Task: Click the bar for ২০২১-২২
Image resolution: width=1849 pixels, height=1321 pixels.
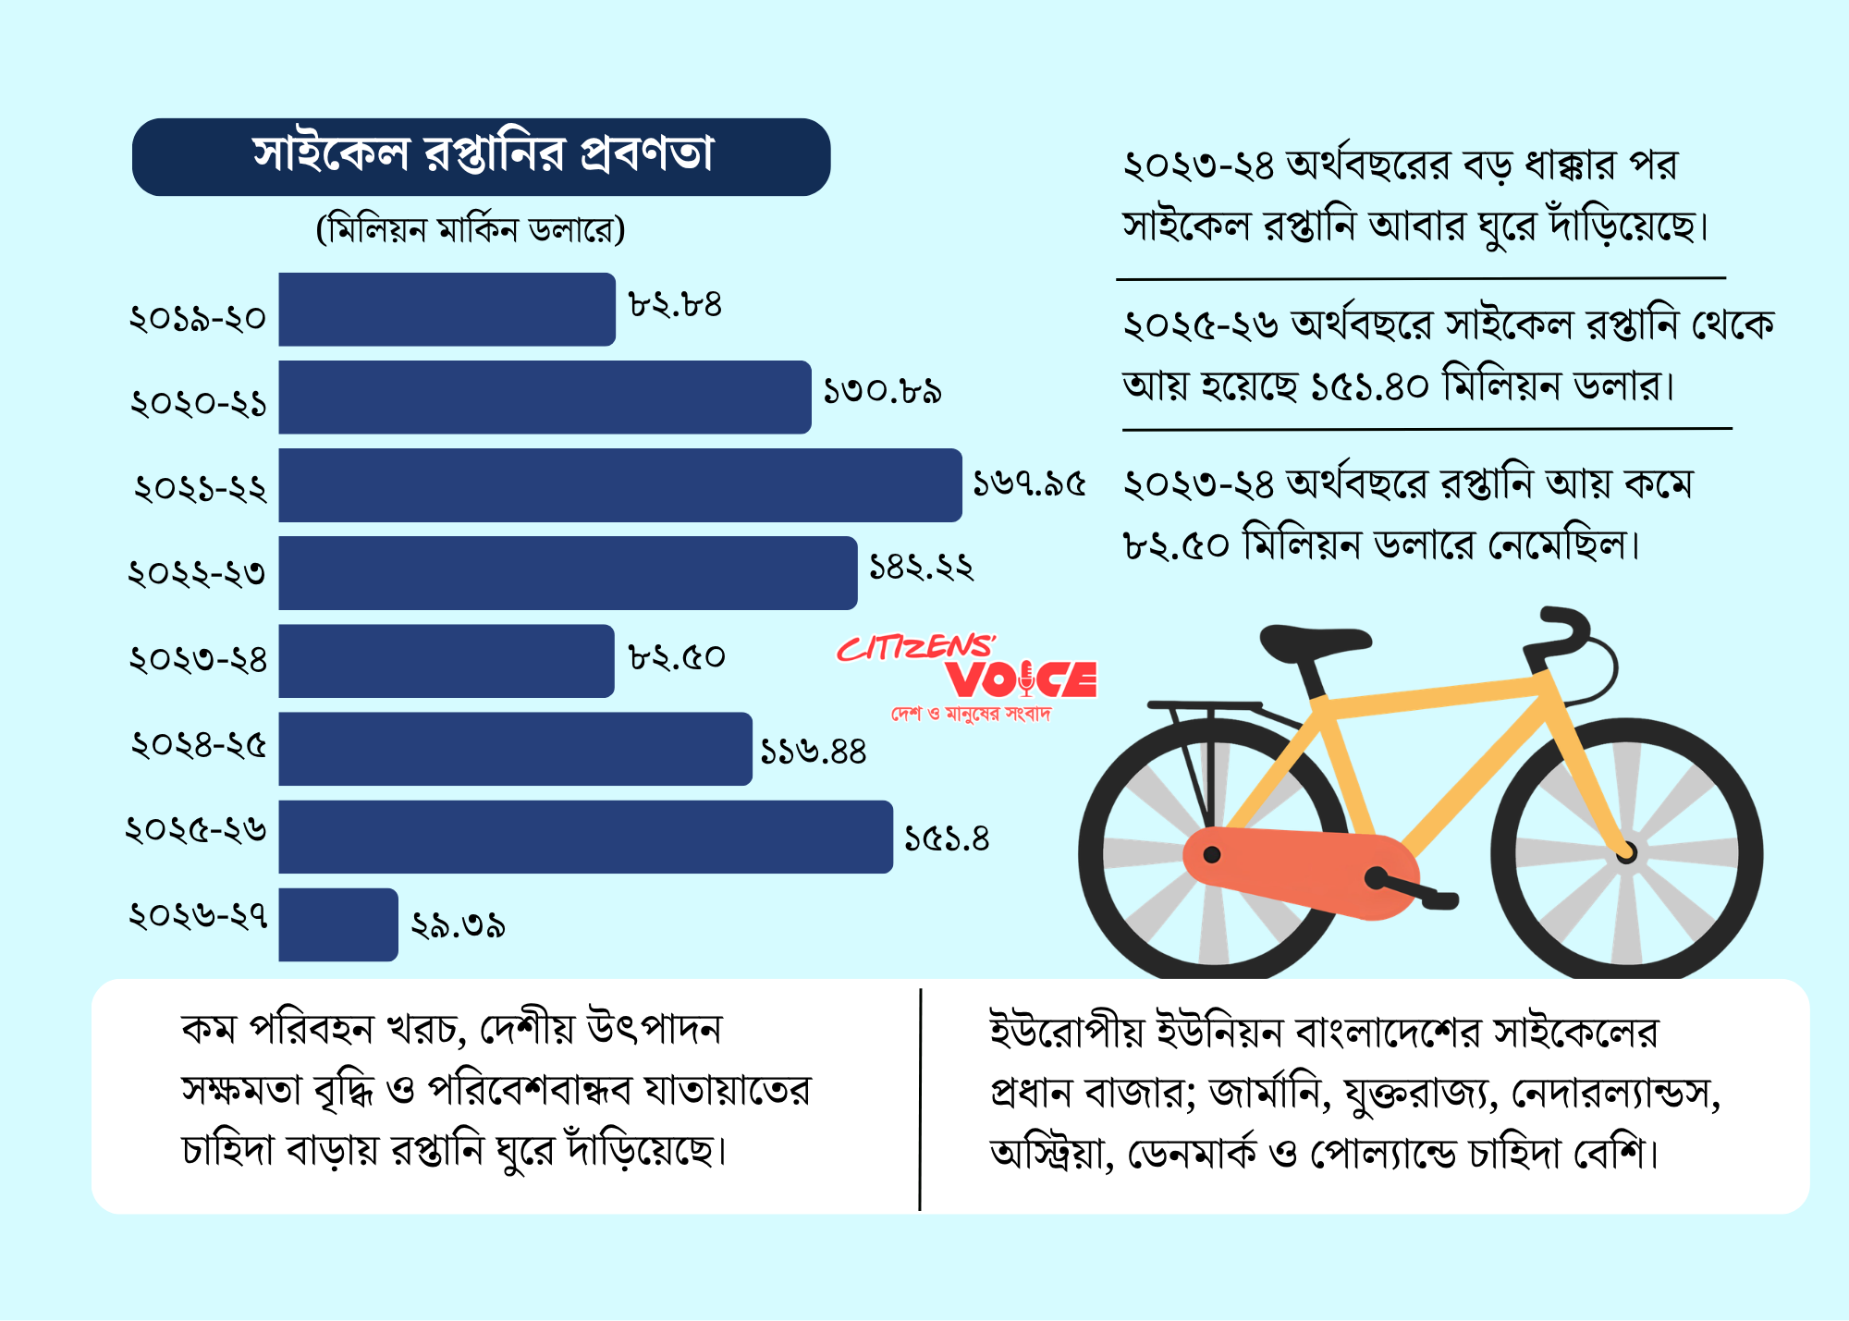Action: point(620,485)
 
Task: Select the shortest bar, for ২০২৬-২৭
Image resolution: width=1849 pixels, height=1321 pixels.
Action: point(338,924)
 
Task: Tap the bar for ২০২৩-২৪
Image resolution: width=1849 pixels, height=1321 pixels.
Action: point(447,661)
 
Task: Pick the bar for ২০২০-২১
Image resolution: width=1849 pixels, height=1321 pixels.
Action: point(545,398)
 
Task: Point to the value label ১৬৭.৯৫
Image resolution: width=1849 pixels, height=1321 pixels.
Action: point(1029,483)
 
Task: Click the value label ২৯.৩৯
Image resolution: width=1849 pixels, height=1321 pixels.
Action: point(458,925)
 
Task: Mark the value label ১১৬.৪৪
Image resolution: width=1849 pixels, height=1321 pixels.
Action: point(813,752)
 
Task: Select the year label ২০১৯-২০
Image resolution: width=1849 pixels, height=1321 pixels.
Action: point(198,319)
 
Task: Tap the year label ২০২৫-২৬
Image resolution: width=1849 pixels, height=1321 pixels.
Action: point(196,828)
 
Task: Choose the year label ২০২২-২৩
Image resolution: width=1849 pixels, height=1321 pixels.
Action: point(197,573)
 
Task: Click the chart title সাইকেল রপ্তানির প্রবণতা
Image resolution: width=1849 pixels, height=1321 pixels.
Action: point(483,154)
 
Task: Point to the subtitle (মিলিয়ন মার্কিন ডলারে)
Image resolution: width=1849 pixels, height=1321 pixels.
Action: point(471,229)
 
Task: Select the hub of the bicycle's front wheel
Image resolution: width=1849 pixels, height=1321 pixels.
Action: point(1626,853)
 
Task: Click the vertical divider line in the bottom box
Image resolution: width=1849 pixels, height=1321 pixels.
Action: point(921,1099)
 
